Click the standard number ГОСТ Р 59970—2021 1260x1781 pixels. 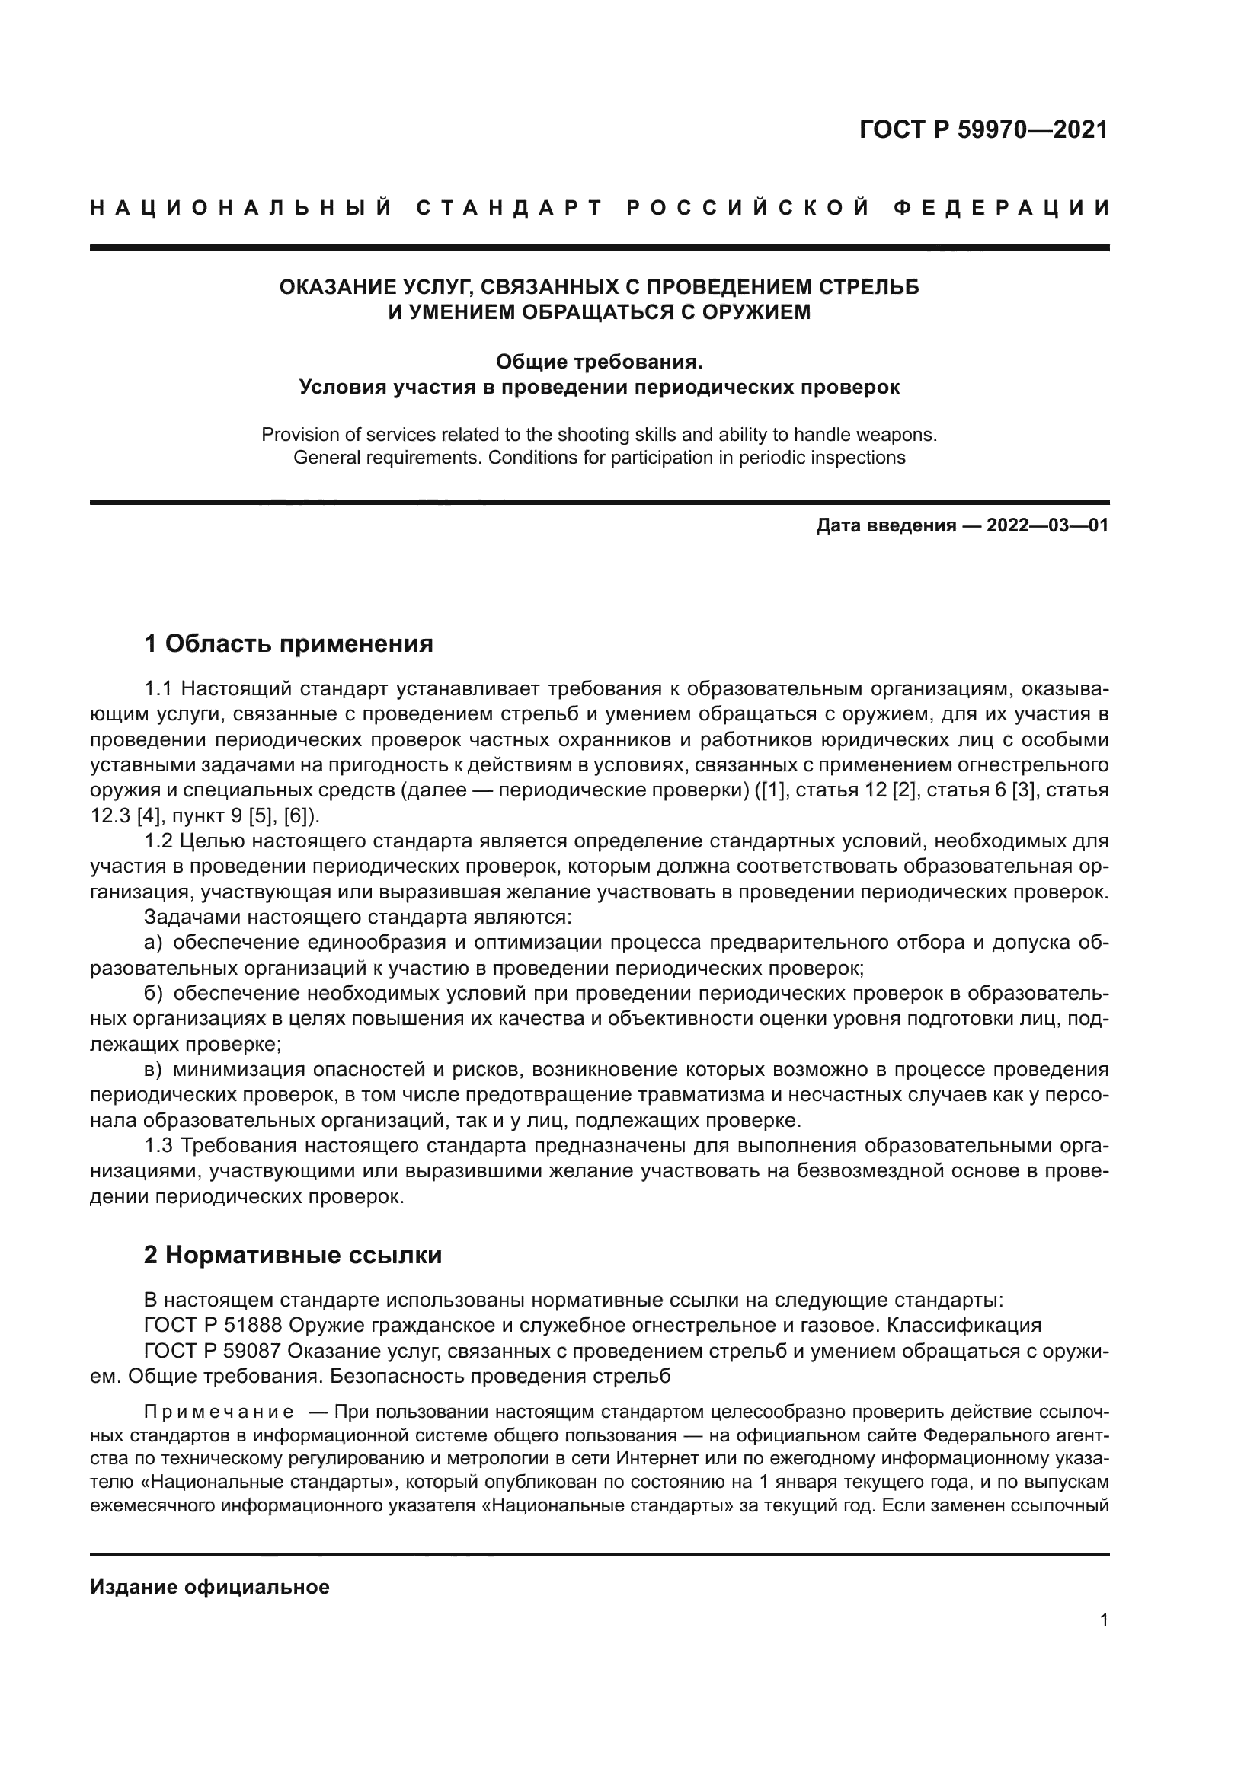pyautogui.click(x=983, y=129)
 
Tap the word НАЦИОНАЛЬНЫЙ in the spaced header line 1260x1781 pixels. pyautogui.click(x=241, y=208)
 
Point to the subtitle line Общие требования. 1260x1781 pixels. pyautogui.click(x=599, y=362)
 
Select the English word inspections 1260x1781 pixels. pyautogui.click(x=860, y=458)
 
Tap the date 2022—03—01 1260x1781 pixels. pyautogui.click(x=1047, y=526)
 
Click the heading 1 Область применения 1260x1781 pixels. pyautogui.click(x=288, y=643)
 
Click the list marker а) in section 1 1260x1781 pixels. pyautogui.click(x=153, y=943)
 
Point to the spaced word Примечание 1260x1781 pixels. pyautogui.click(x=219, y=1411)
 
